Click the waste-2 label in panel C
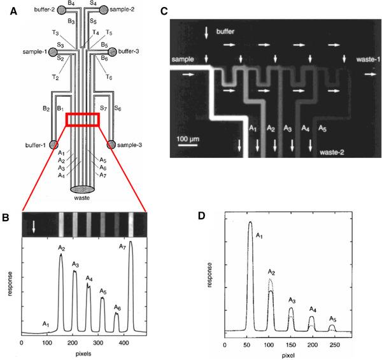(331, 153)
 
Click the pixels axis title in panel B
(83, 351)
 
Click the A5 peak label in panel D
(334, 319)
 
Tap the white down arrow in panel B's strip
(34, 223)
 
